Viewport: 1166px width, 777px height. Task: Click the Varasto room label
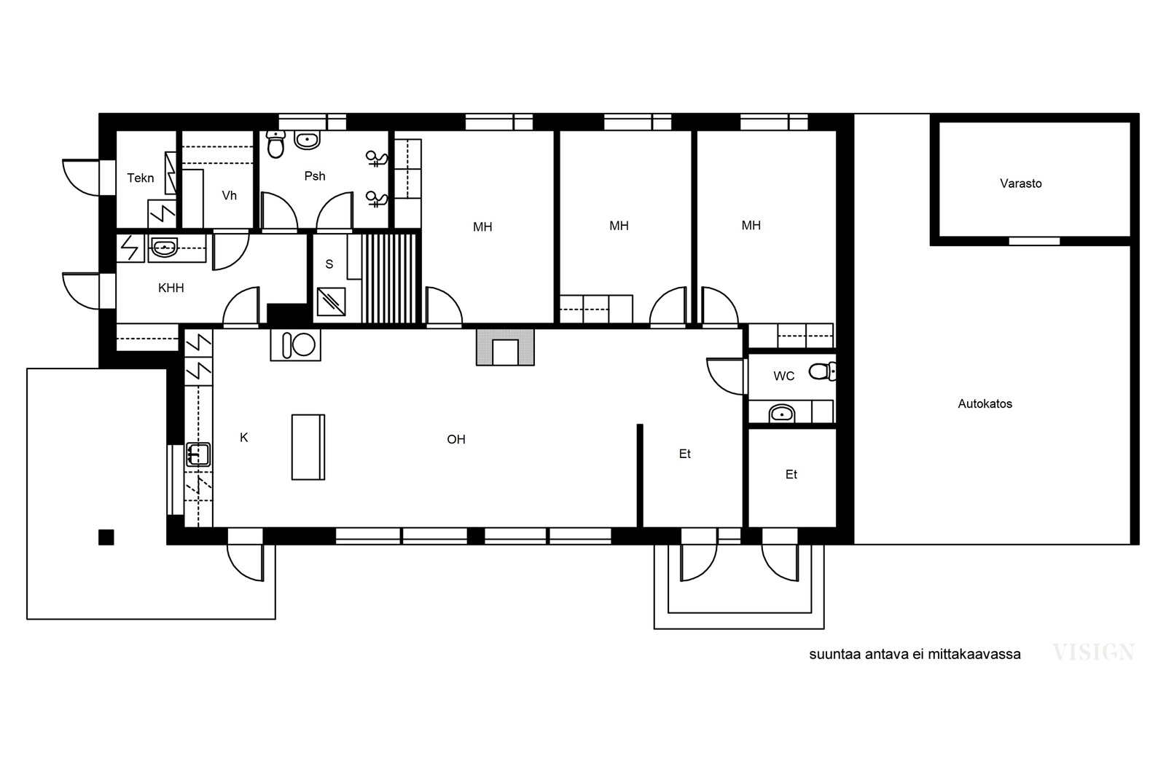1020,184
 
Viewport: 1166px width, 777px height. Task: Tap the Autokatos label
985,404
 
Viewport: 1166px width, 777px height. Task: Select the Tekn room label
141,178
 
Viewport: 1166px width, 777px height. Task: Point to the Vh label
229,196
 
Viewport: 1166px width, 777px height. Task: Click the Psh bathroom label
315,176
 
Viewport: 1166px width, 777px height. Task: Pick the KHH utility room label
171,288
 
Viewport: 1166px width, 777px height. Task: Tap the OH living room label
456,439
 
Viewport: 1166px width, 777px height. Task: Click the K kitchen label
243,438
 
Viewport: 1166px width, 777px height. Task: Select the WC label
784,376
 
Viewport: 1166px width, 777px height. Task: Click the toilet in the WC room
822,371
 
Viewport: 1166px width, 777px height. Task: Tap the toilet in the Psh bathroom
275,144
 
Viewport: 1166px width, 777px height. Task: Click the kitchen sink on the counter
197,454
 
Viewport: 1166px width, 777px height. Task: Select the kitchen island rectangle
308,447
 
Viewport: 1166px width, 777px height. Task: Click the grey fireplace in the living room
505,347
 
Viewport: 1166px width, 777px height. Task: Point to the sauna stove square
331,301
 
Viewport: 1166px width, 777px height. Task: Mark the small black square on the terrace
106,537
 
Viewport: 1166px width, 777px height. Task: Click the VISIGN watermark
1093,652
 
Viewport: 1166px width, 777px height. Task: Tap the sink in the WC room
782,414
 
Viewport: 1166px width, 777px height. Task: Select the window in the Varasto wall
1034,241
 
